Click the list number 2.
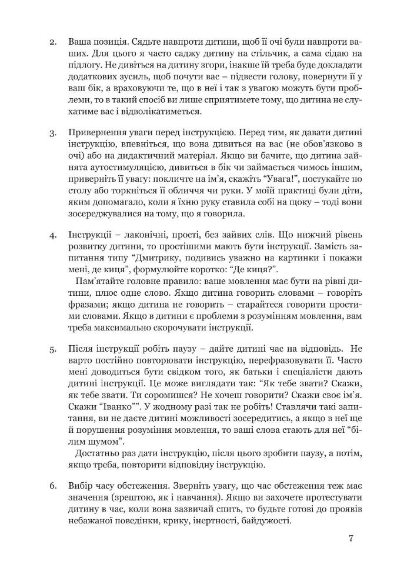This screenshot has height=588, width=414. coord(52,44)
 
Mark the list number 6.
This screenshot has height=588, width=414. coord(52,485)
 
